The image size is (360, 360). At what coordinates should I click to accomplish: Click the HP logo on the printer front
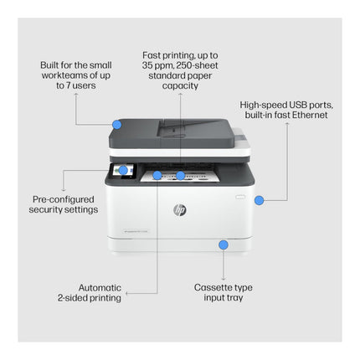[x=180, y=210]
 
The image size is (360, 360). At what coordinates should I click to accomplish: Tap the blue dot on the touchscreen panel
[x=123, y=170]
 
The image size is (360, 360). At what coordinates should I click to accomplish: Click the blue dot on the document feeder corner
[x=117, y=125]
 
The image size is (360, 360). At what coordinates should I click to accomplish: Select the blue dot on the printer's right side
[x=260, y=200]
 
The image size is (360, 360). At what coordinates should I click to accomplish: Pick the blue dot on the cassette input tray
[x=224, y=244]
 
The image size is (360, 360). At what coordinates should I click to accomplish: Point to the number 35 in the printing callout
[x=147, y=65]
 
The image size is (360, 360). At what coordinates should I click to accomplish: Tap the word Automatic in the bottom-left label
[x=100, y=288]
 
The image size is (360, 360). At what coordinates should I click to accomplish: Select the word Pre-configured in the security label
[x=64, y=199]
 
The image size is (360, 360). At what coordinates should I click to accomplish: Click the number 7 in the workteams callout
[x=68, y=85]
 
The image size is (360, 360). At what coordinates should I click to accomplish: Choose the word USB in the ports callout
[x=298, y=105]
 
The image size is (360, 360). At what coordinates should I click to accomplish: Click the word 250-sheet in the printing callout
[x=197, y=65]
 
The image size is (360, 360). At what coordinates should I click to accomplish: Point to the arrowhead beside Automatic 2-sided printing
[x=126, y=293]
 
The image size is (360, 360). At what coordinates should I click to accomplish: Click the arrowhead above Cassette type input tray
[x=224, y=279]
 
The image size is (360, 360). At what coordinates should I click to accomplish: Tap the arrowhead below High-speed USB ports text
[x=287, y=123]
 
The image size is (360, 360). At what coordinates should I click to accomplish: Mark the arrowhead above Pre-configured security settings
[x=63, y=189]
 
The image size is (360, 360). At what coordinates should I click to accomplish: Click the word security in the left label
[x=45, y=209]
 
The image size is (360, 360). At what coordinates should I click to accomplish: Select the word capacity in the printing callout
[x=180, y=86]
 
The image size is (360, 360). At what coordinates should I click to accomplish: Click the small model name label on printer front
[x=136, y=231]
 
